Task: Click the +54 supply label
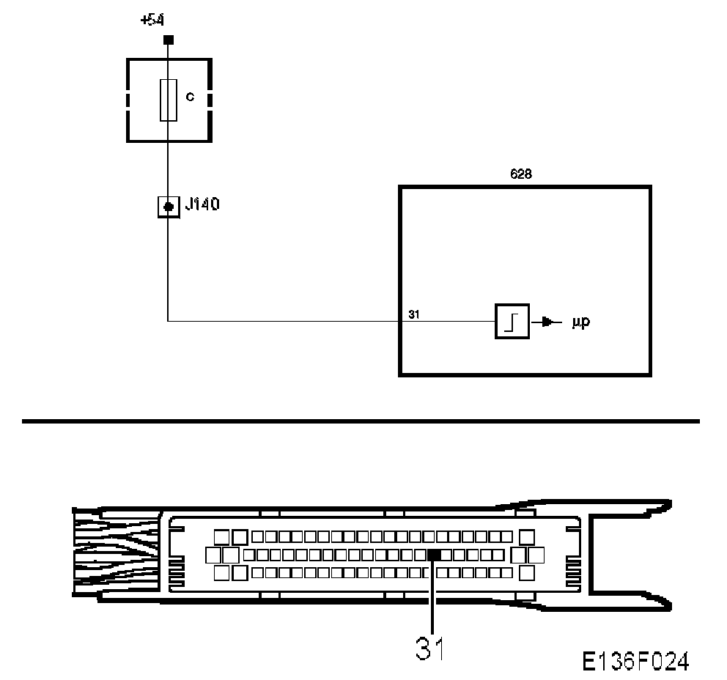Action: point(153,20)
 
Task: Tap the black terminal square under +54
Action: point(168,39)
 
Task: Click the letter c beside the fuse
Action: point(190,97)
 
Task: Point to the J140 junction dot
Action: point(169,207)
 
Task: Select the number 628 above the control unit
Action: point(521,174)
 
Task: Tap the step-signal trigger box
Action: point(512,320)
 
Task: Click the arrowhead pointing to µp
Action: point(547,321)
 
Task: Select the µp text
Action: point(580,322)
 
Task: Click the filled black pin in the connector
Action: point(434,555)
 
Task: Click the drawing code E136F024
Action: point(635,662)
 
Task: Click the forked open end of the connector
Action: point(630,554)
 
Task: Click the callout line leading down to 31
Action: point(433,594)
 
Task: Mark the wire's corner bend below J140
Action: point(169,320)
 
